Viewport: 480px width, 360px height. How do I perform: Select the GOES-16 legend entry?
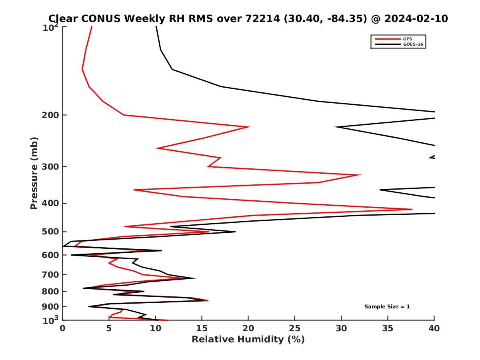click(x=413, y=44)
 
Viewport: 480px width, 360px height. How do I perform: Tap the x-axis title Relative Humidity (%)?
click(x=248, y=340)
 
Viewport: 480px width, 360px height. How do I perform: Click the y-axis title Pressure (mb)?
click(x=34, y=173)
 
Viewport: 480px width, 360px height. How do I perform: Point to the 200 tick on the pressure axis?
click(x=51, y=115)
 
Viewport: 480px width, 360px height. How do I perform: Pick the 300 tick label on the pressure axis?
click(x=51, y=166)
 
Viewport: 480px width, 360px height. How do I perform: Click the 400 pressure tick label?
click(x=51, y=203)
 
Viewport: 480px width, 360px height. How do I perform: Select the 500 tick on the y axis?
click(x=51, y=232)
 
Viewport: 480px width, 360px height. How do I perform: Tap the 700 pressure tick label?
click(x=51, y=274)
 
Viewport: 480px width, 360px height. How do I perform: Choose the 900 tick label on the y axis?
click(x=51, y=307)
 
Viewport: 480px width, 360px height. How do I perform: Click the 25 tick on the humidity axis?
click(x=295, y=328)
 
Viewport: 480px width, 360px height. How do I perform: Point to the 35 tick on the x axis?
click(x=388, y=328)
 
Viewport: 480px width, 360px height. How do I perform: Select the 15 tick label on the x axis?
click(x=202, y=328)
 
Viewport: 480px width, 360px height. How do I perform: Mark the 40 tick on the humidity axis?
click(x=434, y=328)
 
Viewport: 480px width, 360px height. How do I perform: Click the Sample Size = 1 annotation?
click(x=387, y=307)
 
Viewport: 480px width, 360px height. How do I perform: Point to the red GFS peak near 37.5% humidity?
click(x=412, y=209)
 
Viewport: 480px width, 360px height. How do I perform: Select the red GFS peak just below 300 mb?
click(x=360, y=175)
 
